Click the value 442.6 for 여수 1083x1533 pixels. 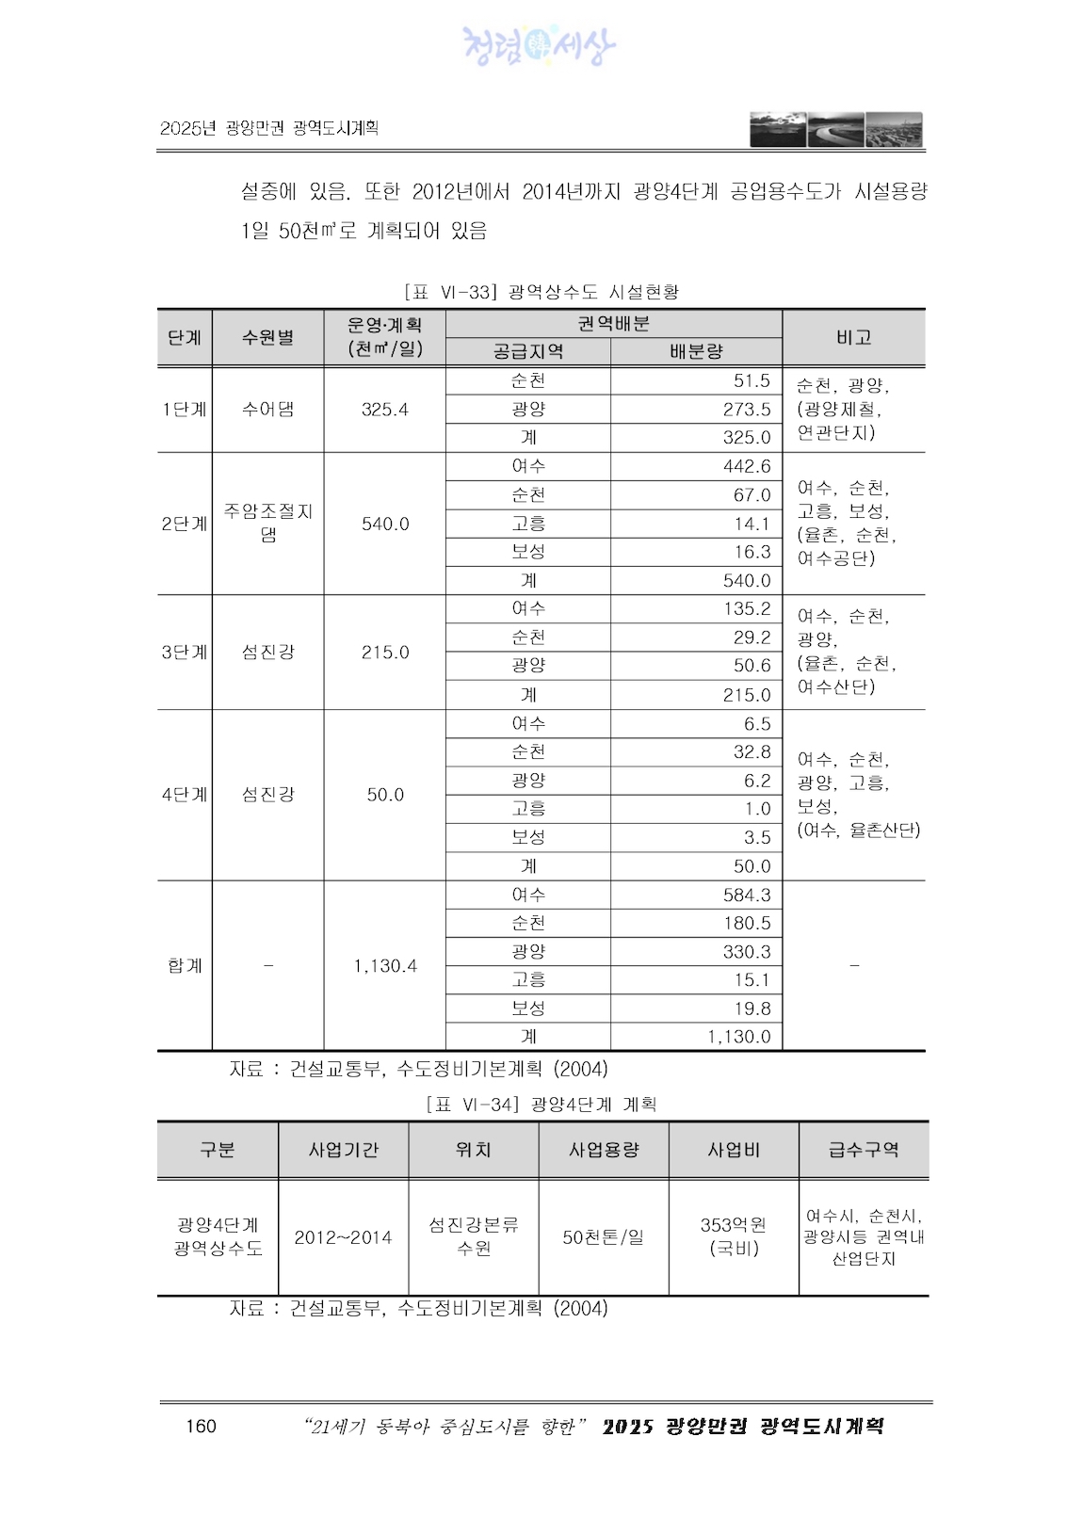pyautogui.click(x=746, y=466)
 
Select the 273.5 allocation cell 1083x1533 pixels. pyautogui.click(x=746, y=409)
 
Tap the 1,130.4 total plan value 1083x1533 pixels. pyautogui.click(x=384, y=965)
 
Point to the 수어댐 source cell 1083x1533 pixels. pyautogui.click(x=268, y=409)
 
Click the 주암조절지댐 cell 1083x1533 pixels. pyautogui.click(x=268, y=524)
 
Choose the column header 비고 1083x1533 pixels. pyautogui.click(x=853, y=337)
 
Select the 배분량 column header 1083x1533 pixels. pyautogui.click(x=696, y=351)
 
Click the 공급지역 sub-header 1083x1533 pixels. pyautogui.click(x=527, y=351)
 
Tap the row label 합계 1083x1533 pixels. pyautogui.click(x=185, y=965)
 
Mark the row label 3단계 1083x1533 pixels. pyautogui.click(x=185, y=652)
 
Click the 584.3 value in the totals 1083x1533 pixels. pyautogui.click(x=746, y=895)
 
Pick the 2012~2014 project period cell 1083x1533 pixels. pyautogui.click(x=343, y=1237)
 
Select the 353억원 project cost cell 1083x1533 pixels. pyautogui.click(x=734, y=1236)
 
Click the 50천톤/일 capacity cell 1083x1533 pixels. pyautogui.click(x=604, y=1237)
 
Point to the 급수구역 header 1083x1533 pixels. pyautogui.click(x=864, y=1150)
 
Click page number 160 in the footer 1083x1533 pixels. pyautogui.click(x=201, y=1426)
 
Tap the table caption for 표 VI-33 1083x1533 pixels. pyautogui.click(x=541, y=292)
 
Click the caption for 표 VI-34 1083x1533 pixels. pyautogui.click(x=541, y=1104)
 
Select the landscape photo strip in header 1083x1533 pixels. pyautogui.click(x=836, y=130)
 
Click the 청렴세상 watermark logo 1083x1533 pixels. pyautogui.click(x=539, y=45)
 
